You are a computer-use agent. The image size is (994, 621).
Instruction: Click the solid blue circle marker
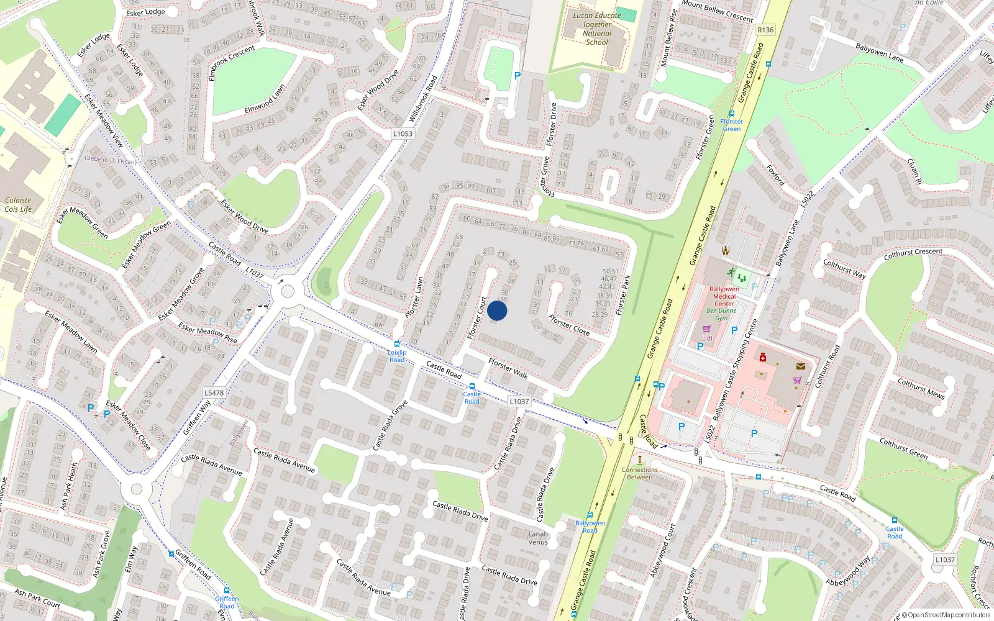click(x=497, y=310)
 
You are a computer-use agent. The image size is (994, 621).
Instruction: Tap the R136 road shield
click(x=765, y=30)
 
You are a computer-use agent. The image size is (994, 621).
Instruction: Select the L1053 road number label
click(x=403, y=134)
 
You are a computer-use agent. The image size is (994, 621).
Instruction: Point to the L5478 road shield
click(x=214, y=392)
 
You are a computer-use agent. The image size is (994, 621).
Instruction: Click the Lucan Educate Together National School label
click(x=596, y=29)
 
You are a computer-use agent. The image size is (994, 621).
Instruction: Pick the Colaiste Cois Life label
click(x=18, y=205)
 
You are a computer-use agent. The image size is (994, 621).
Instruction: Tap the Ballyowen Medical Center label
click(x=724, y=296)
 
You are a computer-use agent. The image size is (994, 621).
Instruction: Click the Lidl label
click(x=707, y=338)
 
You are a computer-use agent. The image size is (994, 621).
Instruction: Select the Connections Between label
click(x=639, y=473)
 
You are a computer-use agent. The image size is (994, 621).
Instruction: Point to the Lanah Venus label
click(x=538, y=538)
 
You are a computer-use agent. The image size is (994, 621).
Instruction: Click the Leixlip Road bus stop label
click(x=397, y=356)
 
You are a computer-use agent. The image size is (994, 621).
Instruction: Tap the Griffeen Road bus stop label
click(x=227, y=602)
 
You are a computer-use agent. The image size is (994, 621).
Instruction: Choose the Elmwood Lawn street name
click(x=265, y=99)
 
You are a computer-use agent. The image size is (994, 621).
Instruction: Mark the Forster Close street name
click(x=569, y=325)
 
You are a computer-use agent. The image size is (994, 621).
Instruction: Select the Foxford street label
click(x=775, y=175)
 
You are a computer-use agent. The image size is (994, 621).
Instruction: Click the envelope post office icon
click(x=800, y=366)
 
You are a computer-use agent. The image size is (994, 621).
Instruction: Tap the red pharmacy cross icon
click(x=763, y=358)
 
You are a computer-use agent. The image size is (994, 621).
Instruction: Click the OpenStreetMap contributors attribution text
click(x=946, y=615)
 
